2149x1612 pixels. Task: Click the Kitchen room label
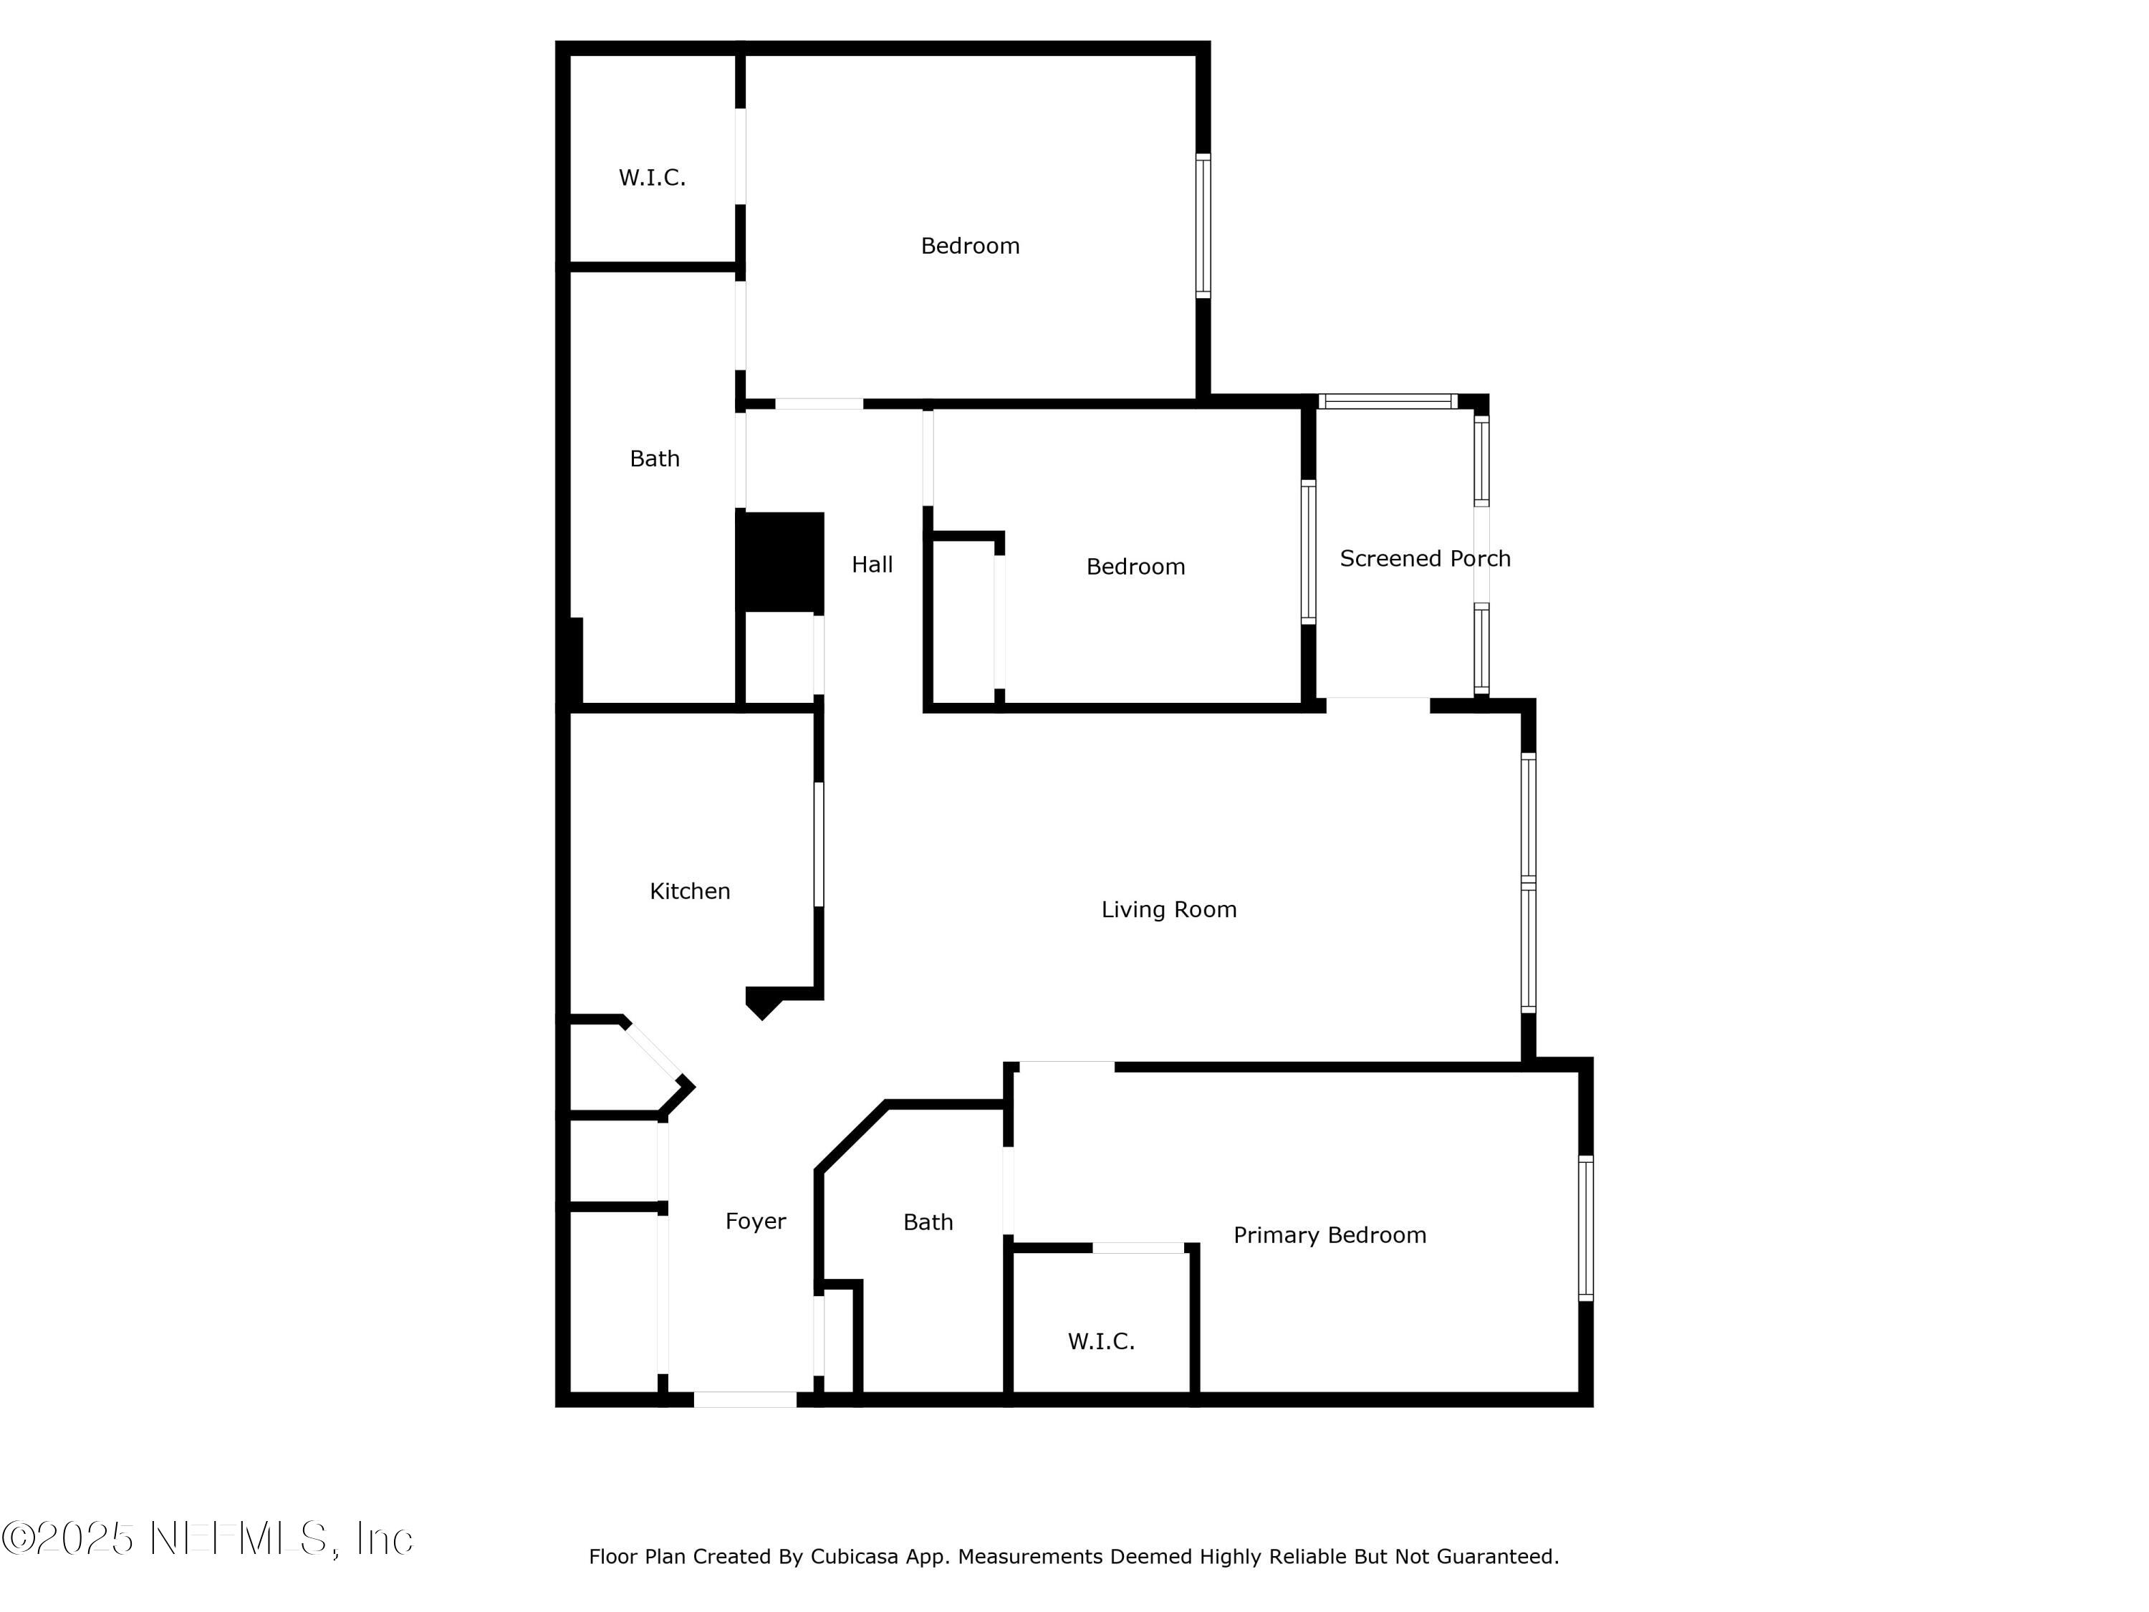[690, 891]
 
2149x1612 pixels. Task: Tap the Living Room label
[1169, 909]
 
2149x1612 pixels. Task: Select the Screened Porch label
[1426, 559]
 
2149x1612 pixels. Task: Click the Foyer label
[756, 1222]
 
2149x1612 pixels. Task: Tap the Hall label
[872, 565]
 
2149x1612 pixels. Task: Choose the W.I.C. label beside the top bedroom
[652, 178]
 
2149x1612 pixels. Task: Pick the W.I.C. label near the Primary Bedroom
[1102, 1342]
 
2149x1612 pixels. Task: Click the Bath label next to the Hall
[655, 459]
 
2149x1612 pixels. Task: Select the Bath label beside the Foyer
[928, 1222]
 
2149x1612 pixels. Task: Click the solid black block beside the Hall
[780, 562]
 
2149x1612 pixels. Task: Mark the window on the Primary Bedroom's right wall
[1585, 1228]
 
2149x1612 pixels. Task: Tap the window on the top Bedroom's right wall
[1203, 226]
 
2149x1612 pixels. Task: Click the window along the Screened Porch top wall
[1388, 401]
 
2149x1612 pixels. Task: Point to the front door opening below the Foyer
[745, 1399]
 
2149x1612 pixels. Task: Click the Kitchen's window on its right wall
[819, 845]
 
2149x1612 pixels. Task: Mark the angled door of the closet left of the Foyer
[653, 1050]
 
